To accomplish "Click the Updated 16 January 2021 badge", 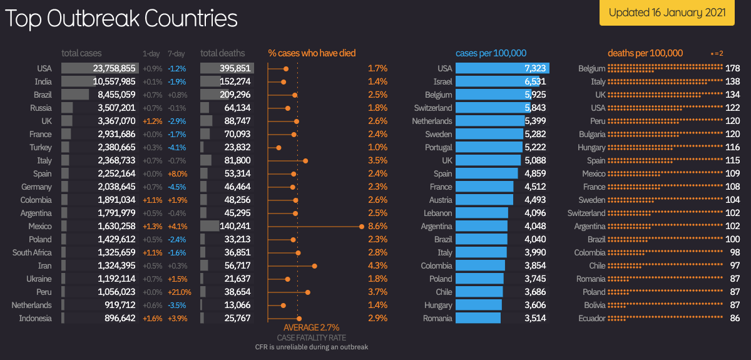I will point(667,13).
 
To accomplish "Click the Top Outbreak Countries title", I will point(121,19).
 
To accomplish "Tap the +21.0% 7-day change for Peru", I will point(179,292).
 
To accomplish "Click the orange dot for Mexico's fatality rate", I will point(362,226).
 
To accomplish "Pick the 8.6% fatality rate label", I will point(377,226).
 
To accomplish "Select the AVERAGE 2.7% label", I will point(311,327).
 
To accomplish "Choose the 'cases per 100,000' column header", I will point(491,53).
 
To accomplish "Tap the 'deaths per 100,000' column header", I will point(645,53).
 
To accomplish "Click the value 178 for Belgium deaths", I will point(733,68).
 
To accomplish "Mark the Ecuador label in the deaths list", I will point(591,318).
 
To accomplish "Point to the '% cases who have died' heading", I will point(312,53).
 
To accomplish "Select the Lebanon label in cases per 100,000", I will point(437,213).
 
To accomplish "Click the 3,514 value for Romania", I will point(535,318).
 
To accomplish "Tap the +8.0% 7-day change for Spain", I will point(177,173).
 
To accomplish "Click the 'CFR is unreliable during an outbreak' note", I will point(311,347).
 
